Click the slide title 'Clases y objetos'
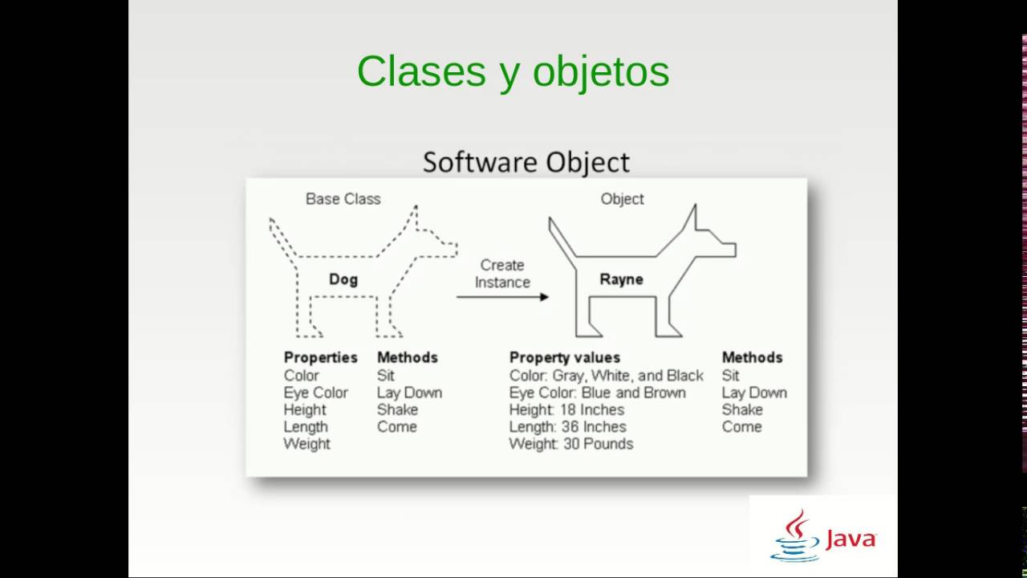point(513,71)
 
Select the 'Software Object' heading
point(526,161)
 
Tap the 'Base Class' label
point(343,198)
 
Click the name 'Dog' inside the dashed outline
point(343,279)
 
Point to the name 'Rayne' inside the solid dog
point(621,279)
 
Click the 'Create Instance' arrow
point(502,297)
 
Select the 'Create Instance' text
point(502,273)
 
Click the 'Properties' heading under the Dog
point(320,357)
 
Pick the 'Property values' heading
point(564,357)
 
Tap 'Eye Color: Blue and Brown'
point(597,393)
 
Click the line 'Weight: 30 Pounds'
point(570,444)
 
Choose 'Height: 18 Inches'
point(566,409)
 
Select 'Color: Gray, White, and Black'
point(606,375)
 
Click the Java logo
point(822,536)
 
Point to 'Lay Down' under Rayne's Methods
point(753,393)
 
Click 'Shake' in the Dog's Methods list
point(397,409)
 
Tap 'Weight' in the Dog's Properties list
point(306,444)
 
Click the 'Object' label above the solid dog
point(622,198)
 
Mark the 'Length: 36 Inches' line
point(567,426)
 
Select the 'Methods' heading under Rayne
point(752,357)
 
